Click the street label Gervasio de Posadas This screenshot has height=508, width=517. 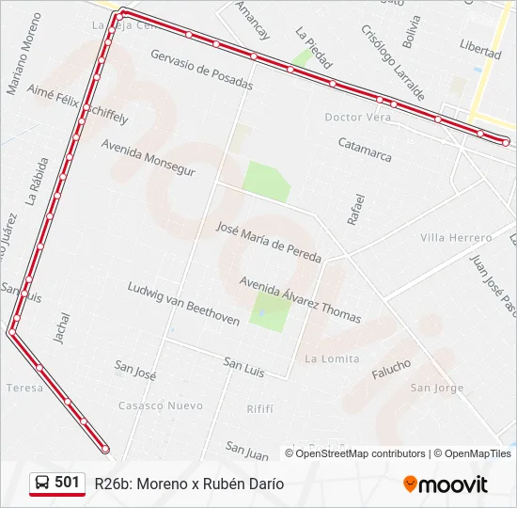click(x=201, y=70)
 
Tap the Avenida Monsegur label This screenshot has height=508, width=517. click(x=148, y=159)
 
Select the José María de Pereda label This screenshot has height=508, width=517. click(x=269, y=242)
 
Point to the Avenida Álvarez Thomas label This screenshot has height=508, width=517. click(x=300, y=299)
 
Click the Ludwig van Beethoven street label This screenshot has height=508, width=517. click(x=183, y=303)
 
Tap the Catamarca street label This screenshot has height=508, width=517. click(x=365, y=150)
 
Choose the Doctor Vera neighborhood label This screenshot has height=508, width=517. click(x=357, y=118)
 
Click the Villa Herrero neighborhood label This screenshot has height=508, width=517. click(x=456, y=238)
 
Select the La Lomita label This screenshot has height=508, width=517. click(x=332, y=358)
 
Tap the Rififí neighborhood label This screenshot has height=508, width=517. click(x=259, y=408)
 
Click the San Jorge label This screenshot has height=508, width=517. click(x=437, y=388)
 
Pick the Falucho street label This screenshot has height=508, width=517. click(x=391, y=369)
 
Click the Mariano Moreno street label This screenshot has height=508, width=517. click(x=23, y=54)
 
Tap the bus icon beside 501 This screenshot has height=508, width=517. click(x=42, y=483)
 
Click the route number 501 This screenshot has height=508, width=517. click(x=67, y=483)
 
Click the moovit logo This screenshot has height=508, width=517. click(x=446, y=484)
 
